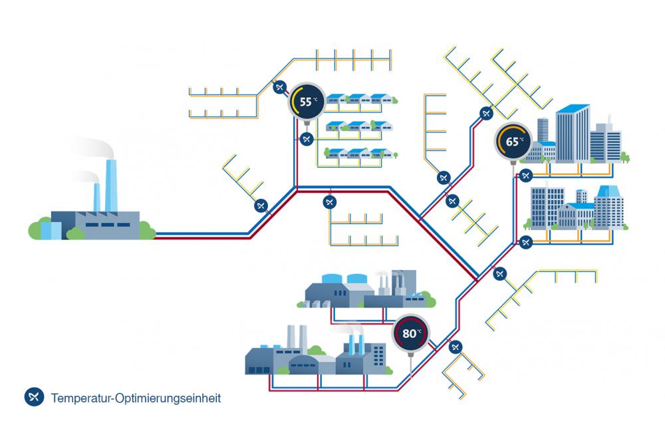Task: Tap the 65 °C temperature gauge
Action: [x=513, y=142]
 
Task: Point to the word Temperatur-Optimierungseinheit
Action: [x=136, y=398]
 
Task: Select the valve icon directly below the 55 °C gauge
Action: [x=306, y=139]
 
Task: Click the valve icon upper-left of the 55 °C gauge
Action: [x=280, y=86]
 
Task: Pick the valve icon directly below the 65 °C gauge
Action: [x=525, y=176]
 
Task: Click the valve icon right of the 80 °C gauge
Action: [x=456, y=347]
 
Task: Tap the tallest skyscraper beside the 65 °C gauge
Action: [x=572, y=133]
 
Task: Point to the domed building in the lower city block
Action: [x=573, y=213]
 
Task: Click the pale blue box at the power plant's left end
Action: [x=51, y=229]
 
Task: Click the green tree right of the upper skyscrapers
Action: [x=625, y=157]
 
